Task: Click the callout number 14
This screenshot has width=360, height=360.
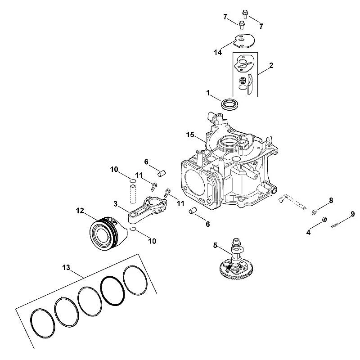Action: [218, 53]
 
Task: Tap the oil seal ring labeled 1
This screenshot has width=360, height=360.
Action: [230, 104]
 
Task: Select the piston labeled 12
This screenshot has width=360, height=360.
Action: [108, 233]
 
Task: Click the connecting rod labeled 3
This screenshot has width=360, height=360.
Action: [148, 210]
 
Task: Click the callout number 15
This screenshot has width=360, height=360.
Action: [190, 135]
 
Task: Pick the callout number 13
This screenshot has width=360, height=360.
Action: [66, 267]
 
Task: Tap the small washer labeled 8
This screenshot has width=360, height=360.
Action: [314, 212]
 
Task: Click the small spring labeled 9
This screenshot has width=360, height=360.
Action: [335, 226]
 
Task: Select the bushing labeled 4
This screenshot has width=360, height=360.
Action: [324, 220]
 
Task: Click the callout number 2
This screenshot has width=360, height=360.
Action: [271, 65]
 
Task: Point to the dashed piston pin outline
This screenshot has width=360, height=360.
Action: [133, 195]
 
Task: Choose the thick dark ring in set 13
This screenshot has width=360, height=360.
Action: [113, 291]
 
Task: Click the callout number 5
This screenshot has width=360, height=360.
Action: [215, 245]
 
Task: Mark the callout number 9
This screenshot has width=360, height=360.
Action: [353, 214]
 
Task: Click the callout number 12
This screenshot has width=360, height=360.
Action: [80, 211]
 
